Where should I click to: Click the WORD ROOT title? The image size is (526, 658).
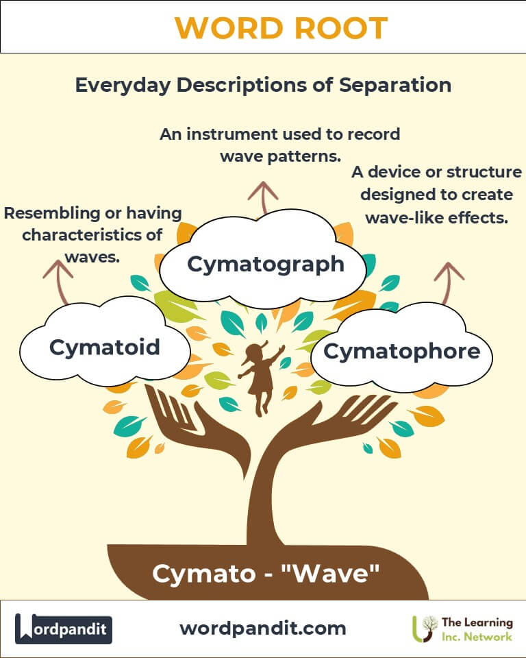tap(281, 27)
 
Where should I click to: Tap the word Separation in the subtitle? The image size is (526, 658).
tap(395, 85)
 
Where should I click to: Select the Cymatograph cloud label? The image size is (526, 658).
tap(266, 265)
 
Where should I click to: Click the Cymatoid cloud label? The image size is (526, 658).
tap(104, 347)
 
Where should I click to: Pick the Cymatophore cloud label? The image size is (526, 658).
tap(401, 351)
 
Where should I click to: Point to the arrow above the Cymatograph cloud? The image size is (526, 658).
tap(263, 197)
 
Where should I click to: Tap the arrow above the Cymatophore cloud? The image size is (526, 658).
tap(448, 283)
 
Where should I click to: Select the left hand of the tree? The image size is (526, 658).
tap(193, 424)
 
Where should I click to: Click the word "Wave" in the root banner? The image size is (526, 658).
tap(332, 573)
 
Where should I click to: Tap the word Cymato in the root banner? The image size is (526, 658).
tap(204, 574)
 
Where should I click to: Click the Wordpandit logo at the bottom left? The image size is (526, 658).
tap(64, 629)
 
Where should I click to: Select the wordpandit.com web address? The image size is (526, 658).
tap(263, 629)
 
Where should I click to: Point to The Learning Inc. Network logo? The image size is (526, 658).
tap(462, 629)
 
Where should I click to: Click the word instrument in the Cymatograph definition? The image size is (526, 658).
tap(232, 134)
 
